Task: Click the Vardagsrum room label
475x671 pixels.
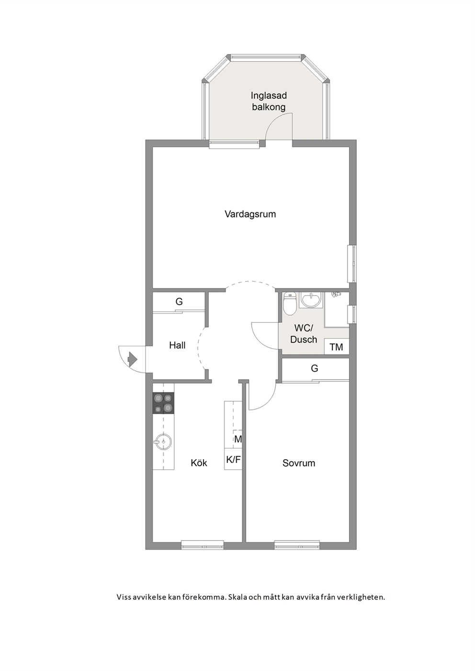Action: (250, 214)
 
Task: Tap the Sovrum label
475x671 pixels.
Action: (299, 463)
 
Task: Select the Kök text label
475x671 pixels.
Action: (199, 463)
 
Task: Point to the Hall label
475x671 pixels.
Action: (177, 345)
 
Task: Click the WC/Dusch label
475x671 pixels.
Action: (304, 334)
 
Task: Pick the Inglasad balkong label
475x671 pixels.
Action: (269, 101)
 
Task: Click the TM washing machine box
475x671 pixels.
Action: (337, 347)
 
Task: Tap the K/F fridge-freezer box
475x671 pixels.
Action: (233, 460)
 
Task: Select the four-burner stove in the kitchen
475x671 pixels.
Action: (163, 403)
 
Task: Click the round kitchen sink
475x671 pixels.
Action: (163, 441)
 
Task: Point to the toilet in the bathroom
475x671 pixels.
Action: (290, 303)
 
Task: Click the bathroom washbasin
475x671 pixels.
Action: (311, 299)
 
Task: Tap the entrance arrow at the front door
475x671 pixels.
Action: (132, 359)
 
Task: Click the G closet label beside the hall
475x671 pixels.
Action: (179, 301)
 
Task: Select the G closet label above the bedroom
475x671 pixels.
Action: (314, 368)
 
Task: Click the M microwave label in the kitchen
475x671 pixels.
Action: (238, 439)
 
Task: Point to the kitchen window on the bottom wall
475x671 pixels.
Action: (203, 545)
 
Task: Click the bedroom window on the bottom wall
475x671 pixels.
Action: (297, 545)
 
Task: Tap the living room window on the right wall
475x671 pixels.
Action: (352, 264)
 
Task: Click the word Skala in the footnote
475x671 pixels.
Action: (238, 597)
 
